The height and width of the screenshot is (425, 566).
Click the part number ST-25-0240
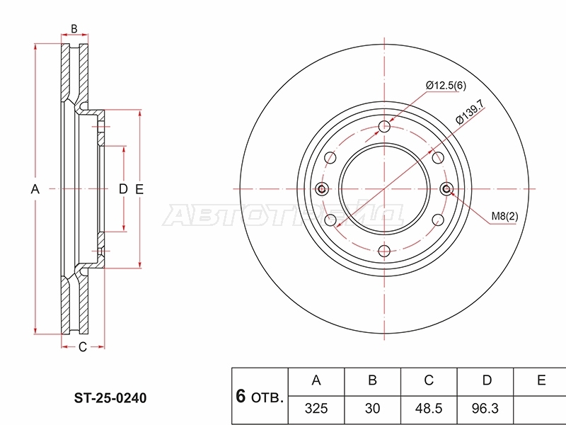coord(110,398)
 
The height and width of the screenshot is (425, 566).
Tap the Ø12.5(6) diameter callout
coord(446,86)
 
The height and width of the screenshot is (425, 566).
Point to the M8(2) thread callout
coord(504,216)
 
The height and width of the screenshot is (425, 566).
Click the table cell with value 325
coord(316,409)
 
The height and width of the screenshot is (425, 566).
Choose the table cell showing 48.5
coord(429,409)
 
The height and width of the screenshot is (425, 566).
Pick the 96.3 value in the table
coord(485,409)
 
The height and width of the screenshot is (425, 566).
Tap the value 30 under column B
coord(372,409)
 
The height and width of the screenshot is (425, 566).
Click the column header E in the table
coord(541,380)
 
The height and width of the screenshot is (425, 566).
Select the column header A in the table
coord(316,380)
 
